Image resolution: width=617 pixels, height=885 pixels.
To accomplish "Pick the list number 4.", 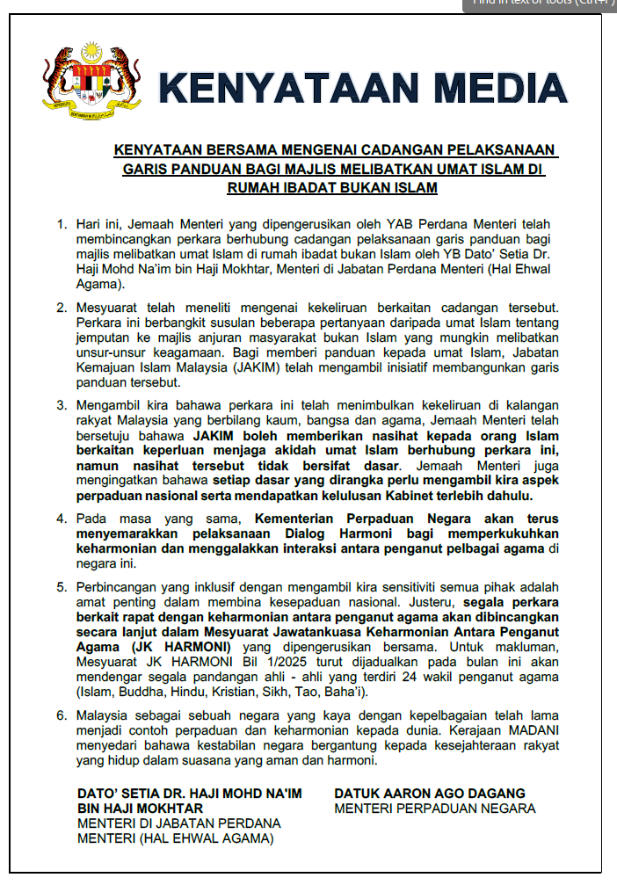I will click(62, 519).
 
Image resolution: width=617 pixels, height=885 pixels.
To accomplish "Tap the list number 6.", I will click(62, 715).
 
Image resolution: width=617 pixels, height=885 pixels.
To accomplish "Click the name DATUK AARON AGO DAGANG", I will click(430, 794).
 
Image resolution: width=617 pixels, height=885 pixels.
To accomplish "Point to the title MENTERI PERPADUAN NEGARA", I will click(435, 809).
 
